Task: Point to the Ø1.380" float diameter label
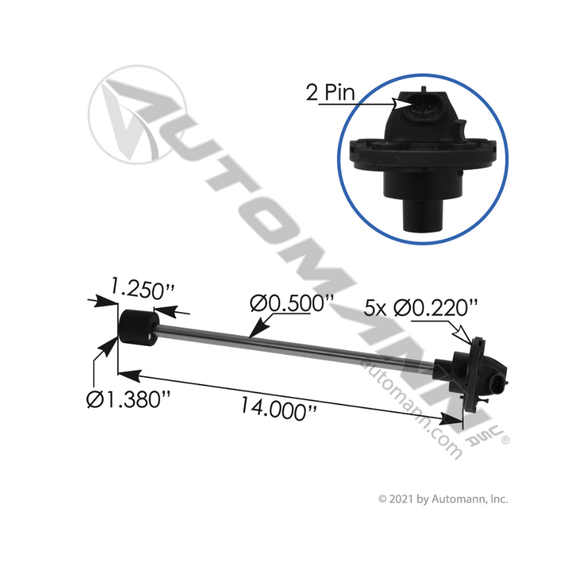point(127,400)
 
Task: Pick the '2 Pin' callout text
point(330,93)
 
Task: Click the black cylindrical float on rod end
point(136,327)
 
